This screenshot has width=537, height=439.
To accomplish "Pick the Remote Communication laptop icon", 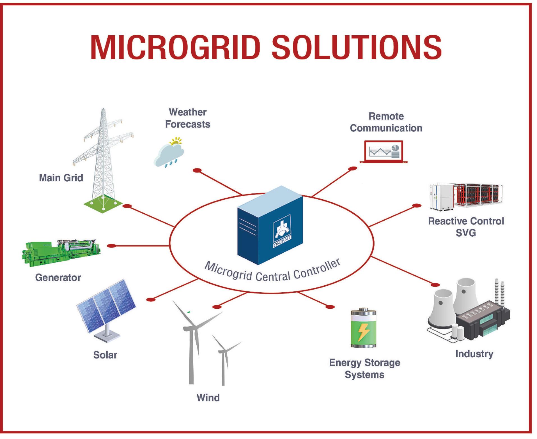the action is coord(384,152).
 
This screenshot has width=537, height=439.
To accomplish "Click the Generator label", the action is coord(58,278).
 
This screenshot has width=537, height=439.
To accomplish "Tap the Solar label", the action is coord(105,355).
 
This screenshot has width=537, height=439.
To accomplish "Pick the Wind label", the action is coord(208,398).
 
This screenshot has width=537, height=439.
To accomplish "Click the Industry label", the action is coord(474,354).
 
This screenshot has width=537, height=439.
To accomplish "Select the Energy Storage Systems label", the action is coord(364,369).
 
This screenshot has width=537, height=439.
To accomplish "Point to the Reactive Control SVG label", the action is coord(466,227).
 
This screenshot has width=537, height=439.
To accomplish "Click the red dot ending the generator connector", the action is coord(112,246).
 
